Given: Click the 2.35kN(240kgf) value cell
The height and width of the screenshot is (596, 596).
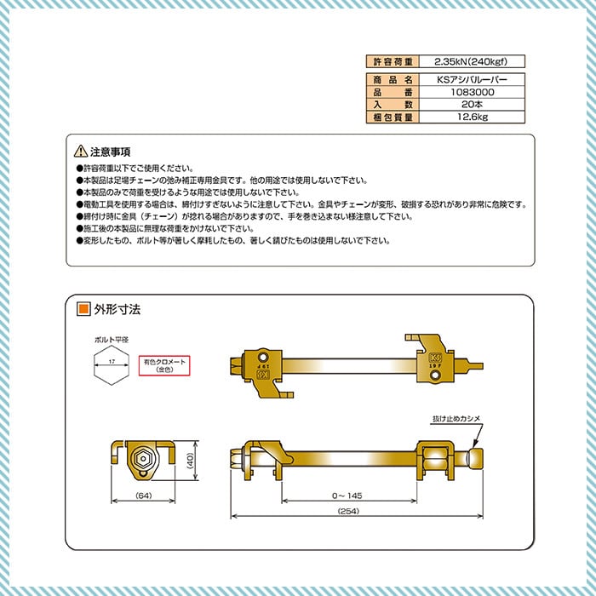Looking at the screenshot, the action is [467, 61].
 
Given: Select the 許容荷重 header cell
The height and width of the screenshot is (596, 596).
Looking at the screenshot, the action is [393, 61].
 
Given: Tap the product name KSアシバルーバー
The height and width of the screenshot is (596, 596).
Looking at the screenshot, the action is [467, 78].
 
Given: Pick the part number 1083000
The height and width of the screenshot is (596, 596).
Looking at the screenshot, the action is [467, 91].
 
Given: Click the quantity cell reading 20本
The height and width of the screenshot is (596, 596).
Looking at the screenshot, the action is [467, 104].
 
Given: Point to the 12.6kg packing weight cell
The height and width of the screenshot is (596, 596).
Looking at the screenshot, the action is [467, 117].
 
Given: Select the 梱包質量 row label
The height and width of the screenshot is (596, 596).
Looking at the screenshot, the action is [393, 117].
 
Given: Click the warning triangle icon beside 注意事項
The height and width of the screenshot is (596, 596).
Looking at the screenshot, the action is [81, 151].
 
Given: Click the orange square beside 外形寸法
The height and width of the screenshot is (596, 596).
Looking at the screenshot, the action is [83, 309].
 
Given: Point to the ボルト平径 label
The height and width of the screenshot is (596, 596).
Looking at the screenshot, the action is [112, 340].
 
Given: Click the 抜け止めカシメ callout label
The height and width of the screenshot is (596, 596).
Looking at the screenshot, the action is [456, 419].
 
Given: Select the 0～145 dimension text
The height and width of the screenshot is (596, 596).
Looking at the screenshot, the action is [348, 493].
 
